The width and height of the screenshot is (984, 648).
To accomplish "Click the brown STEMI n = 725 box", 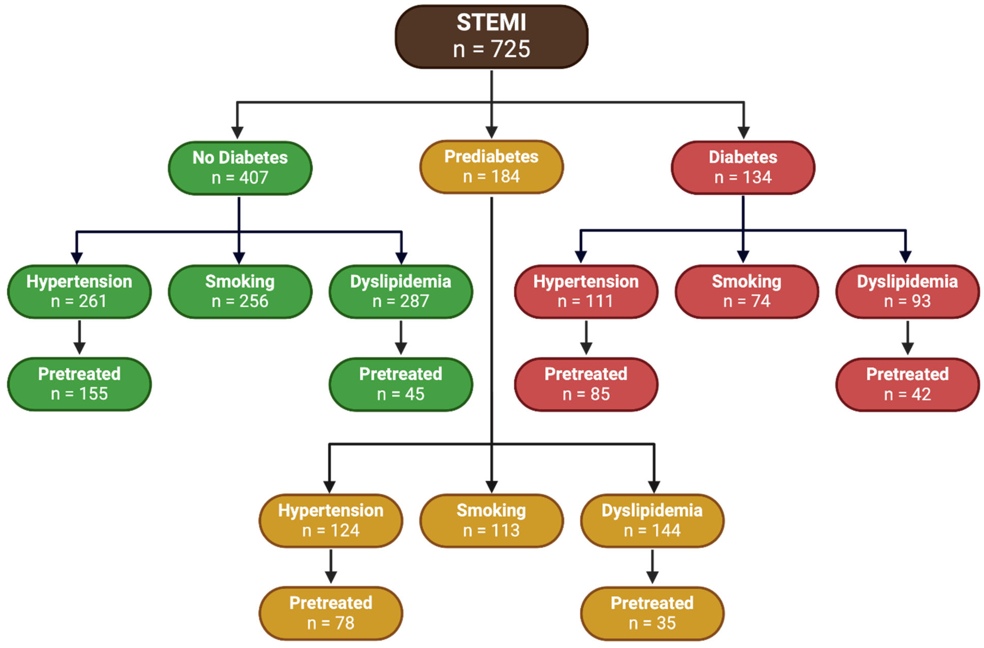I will (491, 36).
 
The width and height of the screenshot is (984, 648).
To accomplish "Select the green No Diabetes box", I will (240, 168).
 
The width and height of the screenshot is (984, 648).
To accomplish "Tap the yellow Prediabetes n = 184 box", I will (491, 167).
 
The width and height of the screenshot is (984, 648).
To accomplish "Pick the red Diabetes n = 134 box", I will (743, 167).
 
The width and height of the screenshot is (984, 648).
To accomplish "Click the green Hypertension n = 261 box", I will (79, 291).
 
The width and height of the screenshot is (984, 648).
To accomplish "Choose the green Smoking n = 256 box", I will (240, 291).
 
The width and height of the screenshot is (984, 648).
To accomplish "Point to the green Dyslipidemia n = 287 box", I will (401, 291).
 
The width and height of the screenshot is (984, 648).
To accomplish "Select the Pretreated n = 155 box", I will (79, 384).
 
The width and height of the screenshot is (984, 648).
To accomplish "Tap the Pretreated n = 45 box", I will (401, 384).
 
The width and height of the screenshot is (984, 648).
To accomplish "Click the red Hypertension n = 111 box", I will (586, 291).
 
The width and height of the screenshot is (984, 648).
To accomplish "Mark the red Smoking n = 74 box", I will (747, 291).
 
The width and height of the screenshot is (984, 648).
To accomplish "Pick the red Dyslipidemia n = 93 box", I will (907, 291).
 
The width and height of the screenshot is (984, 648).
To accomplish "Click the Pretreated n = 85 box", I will (586, 384).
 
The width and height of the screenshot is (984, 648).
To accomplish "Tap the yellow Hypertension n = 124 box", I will (331, 520).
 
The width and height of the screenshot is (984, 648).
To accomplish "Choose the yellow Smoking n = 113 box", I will (491, 520).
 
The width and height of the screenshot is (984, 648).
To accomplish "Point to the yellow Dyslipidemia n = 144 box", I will (652, 520).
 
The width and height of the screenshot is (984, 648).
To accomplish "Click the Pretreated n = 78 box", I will (331, 613).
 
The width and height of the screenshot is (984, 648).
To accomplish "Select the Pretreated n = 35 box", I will (652, 613).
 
